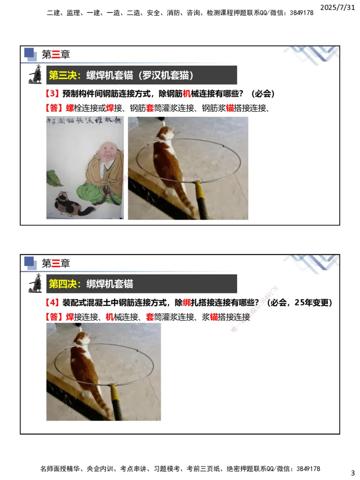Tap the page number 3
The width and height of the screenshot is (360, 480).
click(x=353, y=473)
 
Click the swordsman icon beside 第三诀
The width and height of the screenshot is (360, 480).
click(x=36, y=75)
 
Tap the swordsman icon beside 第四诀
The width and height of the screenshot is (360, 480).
click(x=36, y=283)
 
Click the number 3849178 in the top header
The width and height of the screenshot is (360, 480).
click(x=298, y=13)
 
